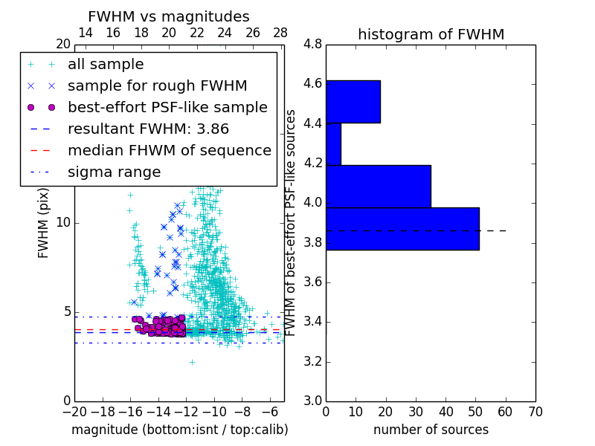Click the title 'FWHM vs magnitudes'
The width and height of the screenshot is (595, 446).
169,16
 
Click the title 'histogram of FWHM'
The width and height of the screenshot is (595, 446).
431,34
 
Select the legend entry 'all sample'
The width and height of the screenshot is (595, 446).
106,65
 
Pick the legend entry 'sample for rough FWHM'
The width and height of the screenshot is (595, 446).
157,86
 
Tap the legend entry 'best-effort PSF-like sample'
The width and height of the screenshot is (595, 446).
167,108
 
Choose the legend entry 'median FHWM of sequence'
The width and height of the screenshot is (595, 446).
169,151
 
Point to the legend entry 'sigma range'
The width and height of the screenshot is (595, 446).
114,172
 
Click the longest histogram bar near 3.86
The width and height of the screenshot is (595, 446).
402,229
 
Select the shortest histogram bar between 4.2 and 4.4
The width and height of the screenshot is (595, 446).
333,144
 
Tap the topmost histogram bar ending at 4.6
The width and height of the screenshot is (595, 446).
353,102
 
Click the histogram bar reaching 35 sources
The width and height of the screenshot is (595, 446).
378,187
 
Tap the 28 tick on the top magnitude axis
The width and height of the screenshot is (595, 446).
280,33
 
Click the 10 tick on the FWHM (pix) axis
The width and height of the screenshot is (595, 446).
64,223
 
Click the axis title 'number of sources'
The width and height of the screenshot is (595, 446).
431,430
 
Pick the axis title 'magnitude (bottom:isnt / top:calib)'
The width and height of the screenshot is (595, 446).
179,430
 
